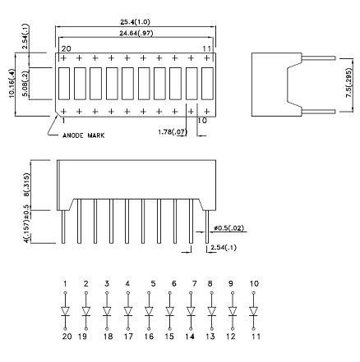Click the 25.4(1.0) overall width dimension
[136, 22]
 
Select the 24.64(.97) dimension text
[136, 34]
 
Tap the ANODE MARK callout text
[84, 135]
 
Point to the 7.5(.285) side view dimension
[348, 84]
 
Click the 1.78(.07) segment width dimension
[173, 132]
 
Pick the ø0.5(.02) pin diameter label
[229, 228]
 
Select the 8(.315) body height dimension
[26, 185]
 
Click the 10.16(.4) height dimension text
[12, 84]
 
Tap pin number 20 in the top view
[66, 49]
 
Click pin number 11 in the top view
[207, 49]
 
